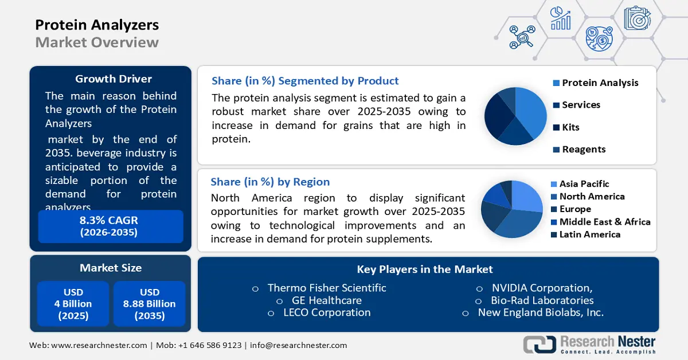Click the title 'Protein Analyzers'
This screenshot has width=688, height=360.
(97, 25)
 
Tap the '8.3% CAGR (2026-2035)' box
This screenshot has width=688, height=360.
(109, 226)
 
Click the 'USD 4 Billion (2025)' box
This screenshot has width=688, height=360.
(73, 304)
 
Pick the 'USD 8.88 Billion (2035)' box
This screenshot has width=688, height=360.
(149, 304)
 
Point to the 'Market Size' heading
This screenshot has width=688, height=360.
(111, 268)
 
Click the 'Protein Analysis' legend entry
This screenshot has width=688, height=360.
(600, 83)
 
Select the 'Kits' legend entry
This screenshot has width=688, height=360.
(570, 127)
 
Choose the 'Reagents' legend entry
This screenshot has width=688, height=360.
(584, 149)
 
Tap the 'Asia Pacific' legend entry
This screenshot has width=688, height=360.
(584, 184)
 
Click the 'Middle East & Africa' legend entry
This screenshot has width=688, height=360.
(604, 222)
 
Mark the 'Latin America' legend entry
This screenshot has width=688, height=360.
(589, 234)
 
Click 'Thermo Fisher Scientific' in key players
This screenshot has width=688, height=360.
(327, 288)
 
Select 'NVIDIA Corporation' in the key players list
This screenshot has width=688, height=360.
(542, 288)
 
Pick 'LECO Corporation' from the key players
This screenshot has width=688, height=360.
(327, 312)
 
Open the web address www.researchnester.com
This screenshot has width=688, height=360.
(99, 345)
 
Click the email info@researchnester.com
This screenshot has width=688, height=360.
(298, 345)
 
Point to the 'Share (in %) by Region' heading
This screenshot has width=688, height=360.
(270, 182)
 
